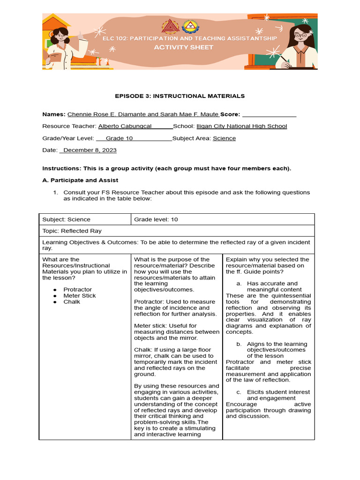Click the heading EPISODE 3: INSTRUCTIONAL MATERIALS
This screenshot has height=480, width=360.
tap(180, 96)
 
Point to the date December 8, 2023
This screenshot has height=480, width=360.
tap(90, 150)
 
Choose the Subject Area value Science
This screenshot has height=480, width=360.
tap(224, 138)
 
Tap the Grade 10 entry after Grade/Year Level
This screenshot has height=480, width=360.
tap(119, 138)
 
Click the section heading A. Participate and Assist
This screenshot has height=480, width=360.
tap(80, 180)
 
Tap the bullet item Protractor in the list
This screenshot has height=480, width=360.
tap(78, 290)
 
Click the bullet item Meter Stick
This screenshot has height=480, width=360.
tap(80, 296)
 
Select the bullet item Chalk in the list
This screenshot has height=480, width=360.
tap(72, 302)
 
